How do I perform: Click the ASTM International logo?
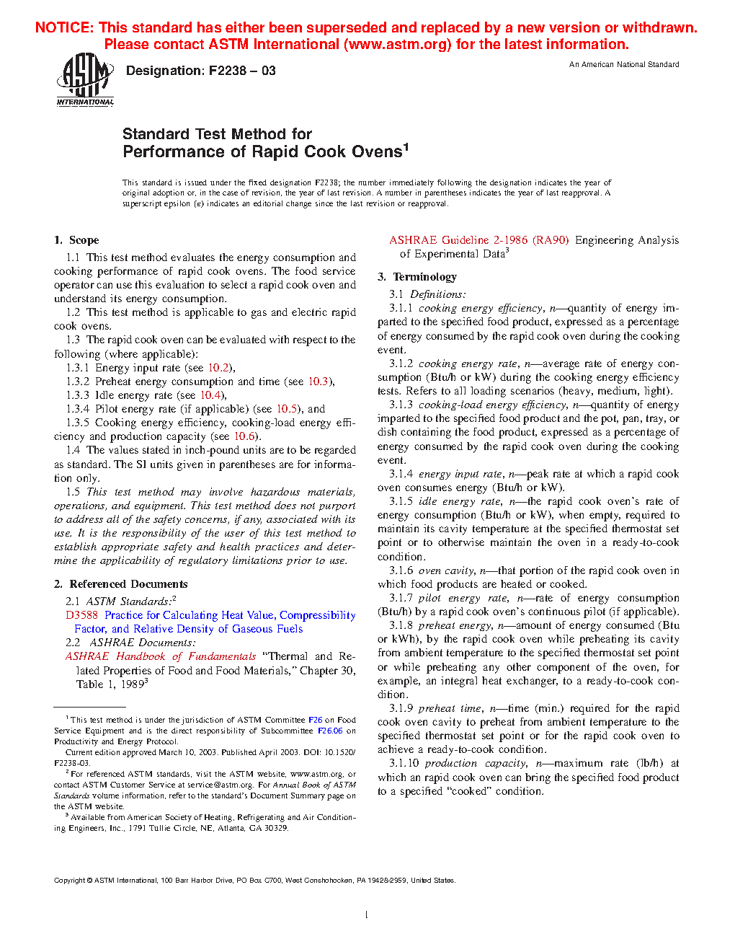[x=84, y=79]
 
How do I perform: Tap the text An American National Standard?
[x=624, y=64]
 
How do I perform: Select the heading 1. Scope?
[x=76, y=240]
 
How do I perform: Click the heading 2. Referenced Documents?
[x=120, y=584]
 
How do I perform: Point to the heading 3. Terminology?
[x=417, y=277]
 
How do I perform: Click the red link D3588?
[x=81, y=615]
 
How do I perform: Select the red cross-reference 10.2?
[x=218, y=368]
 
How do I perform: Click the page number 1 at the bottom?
[x=367, y=915]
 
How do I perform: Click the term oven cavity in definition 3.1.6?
[x=446, y=570]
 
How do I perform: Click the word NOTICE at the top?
[x=64, y=27]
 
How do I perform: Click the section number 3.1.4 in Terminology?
[x=401, y=474]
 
